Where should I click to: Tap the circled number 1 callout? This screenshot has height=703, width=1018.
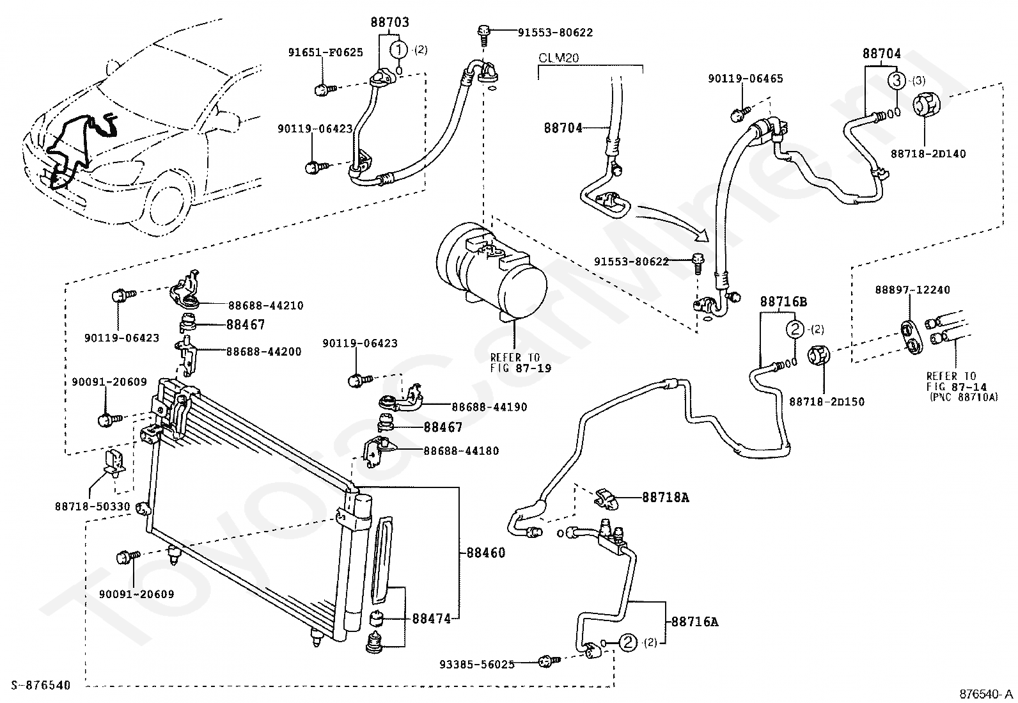click(399, 49)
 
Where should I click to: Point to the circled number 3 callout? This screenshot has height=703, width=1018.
click(897, 81)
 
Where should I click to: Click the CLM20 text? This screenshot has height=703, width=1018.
click(558, 58)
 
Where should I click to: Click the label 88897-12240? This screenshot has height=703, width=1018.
click(912, 290)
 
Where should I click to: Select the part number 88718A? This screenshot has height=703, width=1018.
click(665, 496)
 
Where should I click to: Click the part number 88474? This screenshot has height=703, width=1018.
click(432, 619)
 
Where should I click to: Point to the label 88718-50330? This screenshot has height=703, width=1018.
click(92, 507)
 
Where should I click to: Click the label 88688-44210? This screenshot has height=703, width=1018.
click(265, 306)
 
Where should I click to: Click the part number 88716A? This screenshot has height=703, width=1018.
click(694, 621)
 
